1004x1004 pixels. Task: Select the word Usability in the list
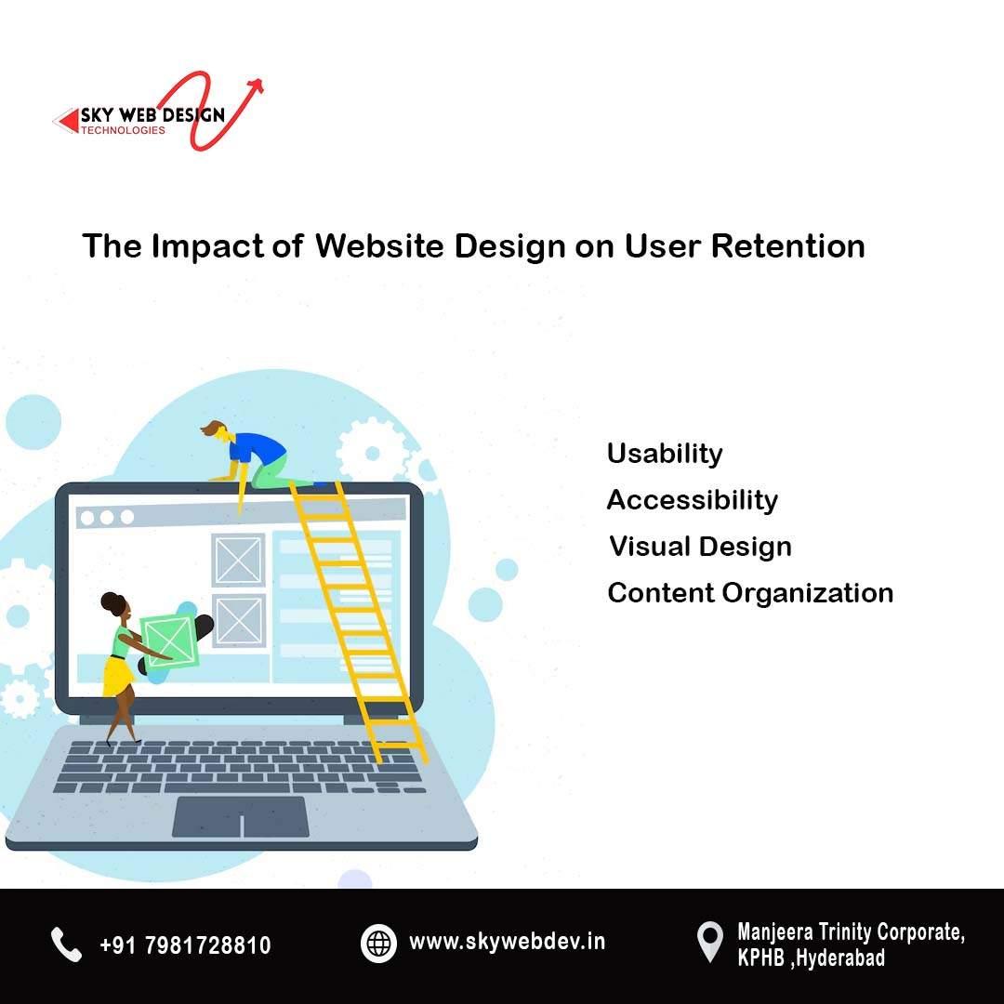click(664, 454)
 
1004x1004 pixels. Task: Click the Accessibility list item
click(692, 500)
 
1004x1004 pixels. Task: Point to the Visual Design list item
click(700, 547)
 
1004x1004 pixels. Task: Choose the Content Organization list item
click(749, 593)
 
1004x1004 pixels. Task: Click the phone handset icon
click(66, 945)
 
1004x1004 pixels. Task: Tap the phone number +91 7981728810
click(185, 945)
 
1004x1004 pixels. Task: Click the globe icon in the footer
click(378, 944)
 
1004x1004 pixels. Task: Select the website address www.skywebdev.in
click(507, 942)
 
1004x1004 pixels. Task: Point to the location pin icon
click(709, 942)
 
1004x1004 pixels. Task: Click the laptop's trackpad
click(241, 816)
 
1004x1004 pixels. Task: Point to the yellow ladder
click(358, 614)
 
